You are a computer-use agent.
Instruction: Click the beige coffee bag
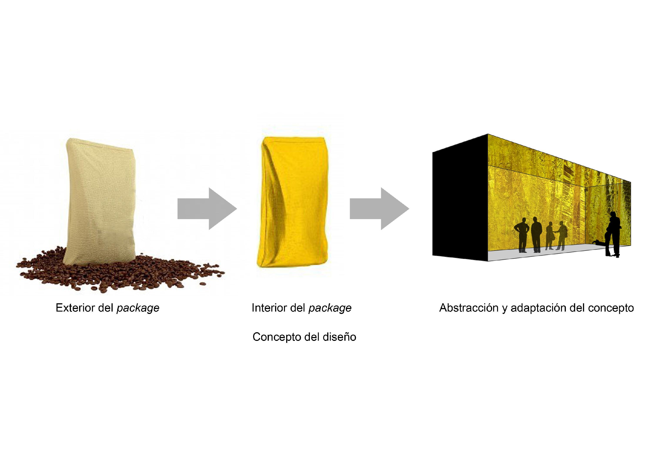coord(100,201)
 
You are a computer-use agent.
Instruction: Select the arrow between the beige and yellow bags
coord(207,208)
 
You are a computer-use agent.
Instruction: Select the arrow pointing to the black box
coord(379,208)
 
